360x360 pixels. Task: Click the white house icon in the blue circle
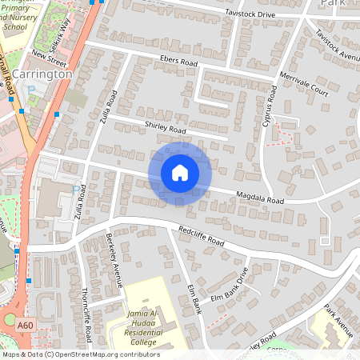pos(180,172)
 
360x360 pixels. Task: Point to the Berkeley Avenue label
pos(114,259)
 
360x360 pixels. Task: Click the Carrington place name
pos(42,74)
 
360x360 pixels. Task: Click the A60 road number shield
pos(25,325)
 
